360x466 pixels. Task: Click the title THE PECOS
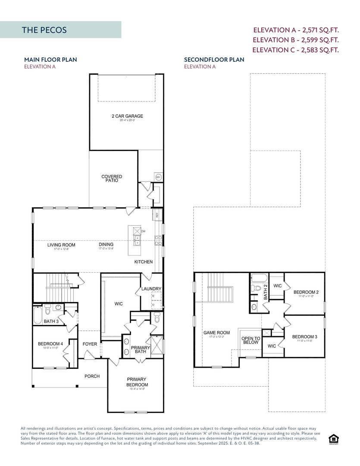point(44,30)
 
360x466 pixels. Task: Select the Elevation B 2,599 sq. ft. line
point(295,40)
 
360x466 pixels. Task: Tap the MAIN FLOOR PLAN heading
point(50,60)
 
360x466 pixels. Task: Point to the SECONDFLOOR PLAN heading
point(214,60)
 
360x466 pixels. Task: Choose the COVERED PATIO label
point(112,178)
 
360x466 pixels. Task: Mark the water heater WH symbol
point(158,177)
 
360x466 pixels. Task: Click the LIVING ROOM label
point(61,245)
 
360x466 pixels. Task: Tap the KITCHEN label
point(143,262)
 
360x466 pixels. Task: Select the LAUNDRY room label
point(151,289)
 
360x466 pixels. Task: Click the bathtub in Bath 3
point(38,315)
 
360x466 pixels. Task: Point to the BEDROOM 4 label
point(50,344)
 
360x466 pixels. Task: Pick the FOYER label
point(90,344)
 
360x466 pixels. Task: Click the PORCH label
point(92,376)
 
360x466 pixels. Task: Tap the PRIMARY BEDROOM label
point(137,382)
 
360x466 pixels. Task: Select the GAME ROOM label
point(216,333)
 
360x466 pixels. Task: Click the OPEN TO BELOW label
point(250,340)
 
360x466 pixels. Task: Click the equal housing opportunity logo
point(333,439)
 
